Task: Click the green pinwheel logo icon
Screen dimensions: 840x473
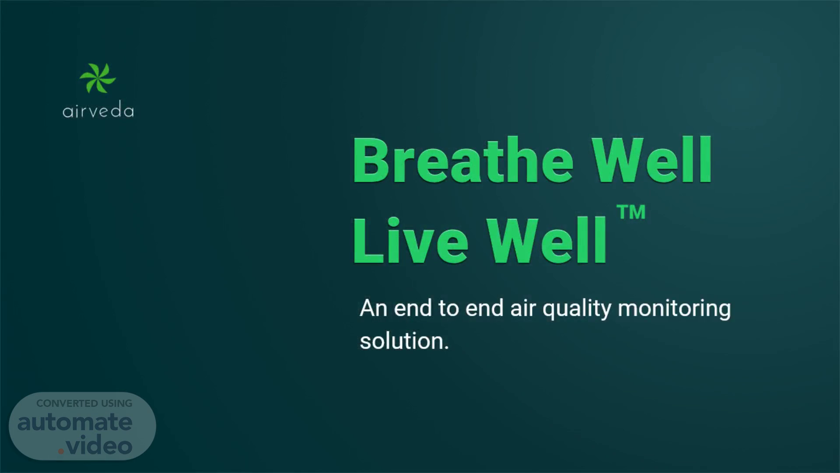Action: tap(98, 78)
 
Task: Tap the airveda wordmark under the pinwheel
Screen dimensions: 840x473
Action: tap(98, 111)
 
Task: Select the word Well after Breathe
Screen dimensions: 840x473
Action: tap(652, 160)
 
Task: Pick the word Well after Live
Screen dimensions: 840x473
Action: tap(547, 240)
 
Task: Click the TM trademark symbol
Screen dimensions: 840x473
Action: tap(631, 212)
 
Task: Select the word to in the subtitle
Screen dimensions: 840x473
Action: tap(449, 309)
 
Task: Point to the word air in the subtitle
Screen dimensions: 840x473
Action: tap(523, 308)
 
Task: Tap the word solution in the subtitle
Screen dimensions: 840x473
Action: tap(402, 341)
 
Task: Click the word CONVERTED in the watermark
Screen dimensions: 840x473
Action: tap(67, 403)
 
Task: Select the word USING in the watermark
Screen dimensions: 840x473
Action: tap(117, 403)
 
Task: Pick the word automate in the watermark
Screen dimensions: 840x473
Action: tap(75, 422)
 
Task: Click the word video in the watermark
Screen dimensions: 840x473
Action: tap(99, 446)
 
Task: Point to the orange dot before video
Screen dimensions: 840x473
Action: tap(61, 452)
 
